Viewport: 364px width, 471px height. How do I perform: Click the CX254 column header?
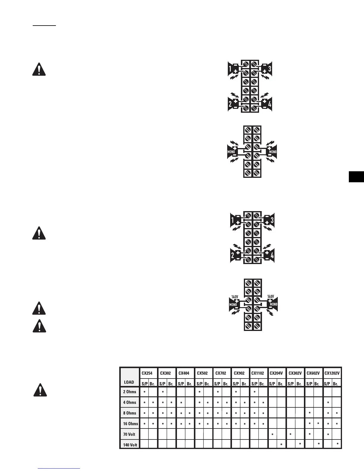tap(148, 373)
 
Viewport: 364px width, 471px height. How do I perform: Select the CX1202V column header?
tap(332, 373)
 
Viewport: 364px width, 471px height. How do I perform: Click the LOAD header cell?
tap(129, 382)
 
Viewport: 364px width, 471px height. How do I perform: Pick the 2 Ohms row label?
tap(129, 392)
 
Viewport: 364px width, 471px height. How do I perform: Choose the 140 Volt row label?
tap(130, 445)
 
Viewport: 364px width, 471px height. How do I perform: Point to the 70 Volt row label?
tap(129, 434)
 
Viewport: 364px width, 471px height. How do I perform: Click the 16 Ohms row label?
tap(130, 423)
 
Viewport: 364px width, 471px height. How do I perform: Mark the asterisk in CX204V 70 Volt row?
tap(272, 435)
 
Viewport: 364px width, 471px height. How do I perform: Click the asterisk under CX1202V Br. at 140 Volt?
tap(337, 445)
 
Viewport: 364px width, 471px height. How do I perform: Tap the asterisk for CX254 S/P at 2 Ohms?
tap(145, 392)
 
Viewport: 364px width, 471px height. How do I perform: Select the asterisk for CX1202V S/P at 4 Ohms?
tap(328, 403)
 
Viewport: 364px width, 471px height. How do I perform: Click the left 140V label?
tap(235, 296)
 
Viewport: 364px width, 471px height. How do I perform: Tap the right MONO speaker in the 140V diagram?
tap(273, 304)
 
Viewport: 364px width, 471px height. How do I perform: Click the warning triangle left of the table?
tap(40, 390)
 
